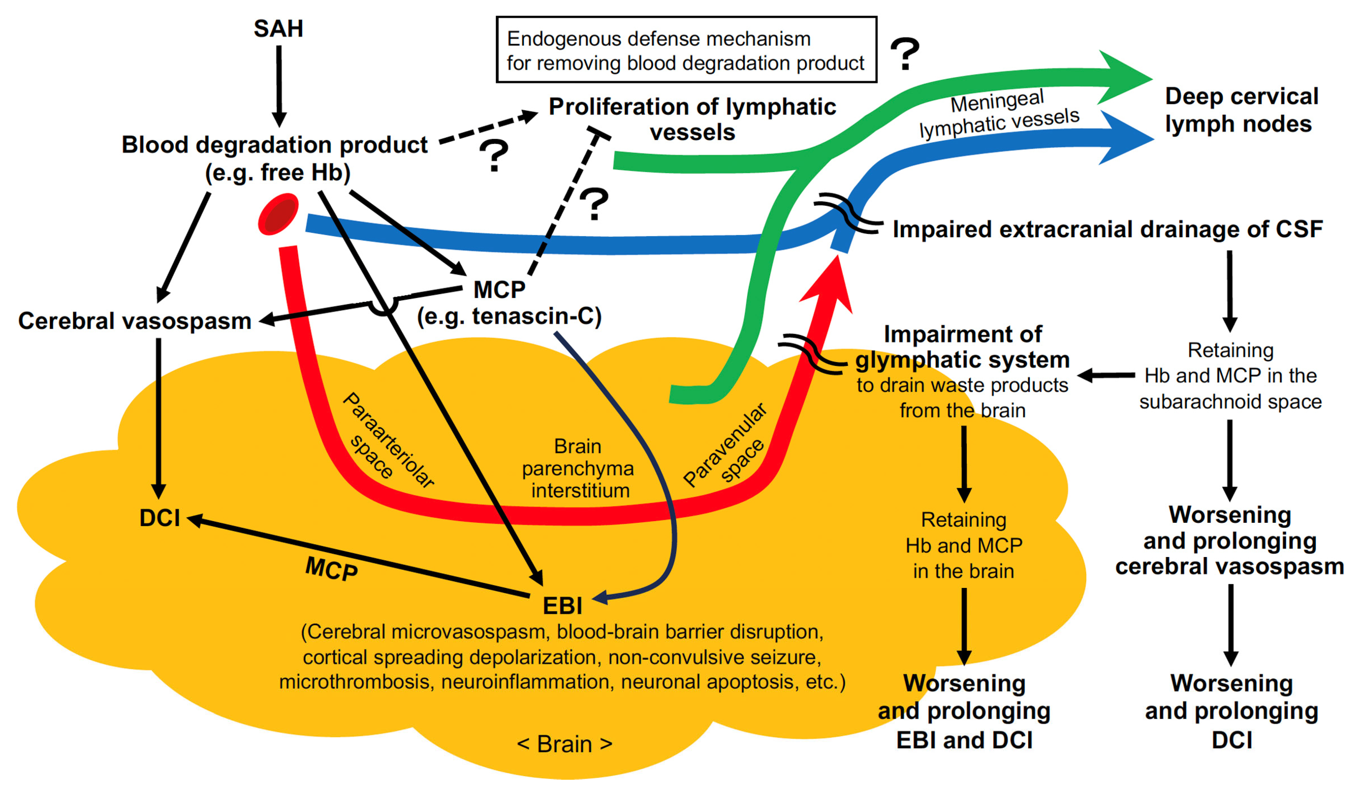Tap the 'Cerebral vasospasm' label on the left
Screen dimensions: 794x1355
tap(134, 321)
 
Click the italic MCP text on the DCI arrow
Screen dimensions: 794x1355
tap(331, 568)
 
